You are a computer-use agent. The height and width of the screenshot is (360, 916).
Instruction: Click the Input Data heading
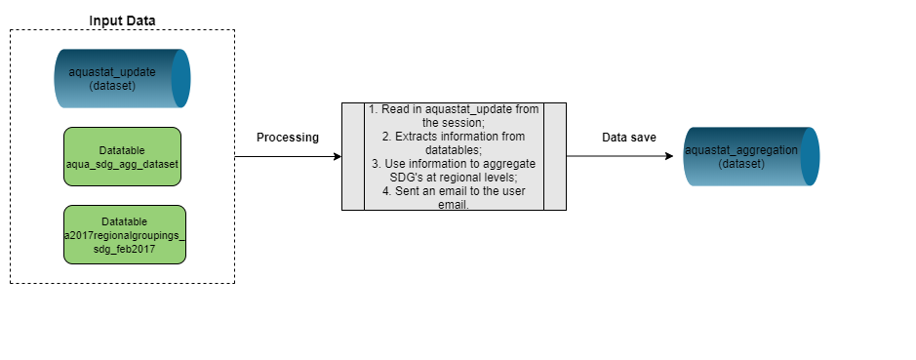pyautogui.click(x=122, y=20)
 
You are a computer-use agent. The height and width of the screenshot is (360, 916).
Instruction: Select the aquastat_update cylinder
pyautogui.click(x=122, y=79)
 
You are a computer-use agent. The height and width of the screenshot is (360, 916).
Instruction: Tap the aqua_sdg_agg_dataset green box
pyautogui.click(x=122, y=156)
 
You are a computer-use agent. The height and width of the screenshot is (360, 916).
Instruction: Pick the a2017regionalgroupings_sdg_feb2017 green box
pyautogui.click(x=124, y=234)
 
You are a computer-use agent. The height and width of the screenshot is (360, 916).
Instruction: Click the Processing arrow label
pyautogui.click(x=288, y=138)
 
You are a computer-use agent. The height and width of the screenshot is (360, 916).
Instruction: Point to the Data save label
pyautogui.click(x=628, y=138)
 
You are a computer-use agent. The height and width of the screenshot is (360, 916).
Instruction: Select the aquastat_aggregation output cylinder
pyautogui.click(x=750, y=156)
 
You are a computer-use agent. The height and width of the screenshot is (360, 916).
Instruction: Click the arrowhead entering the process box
pyautogui.click(x=336, y=156)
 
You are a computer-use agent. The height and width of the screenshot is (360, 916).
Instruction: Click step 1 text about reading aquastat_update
pyautogui.click(x=454, y=115)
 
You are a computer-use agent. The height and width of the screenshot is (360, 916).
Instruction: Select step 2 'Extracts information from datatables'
pyautogui.click(x=454, y=142)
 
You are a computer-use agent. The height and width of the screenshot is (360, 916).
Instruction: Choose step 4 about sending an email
pyautogui.click(x=454, y=198)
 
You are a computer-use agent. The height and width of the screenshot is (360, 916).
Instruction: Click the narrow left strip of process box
pyautogui.click(x=352, y=156)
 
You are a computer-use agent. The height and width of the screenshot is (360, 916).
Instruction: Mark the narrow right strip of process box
pyautogui.click(x=555, y=156)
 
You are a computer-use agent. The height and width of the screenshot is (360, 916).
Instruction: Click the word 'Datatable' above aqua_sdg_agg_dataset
pyautogui.click(x=123, y=150)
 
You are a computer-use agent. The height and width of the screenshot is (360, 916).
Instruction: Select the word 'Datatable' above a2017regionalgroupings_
pyautogui.click(x=123, y=221)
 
